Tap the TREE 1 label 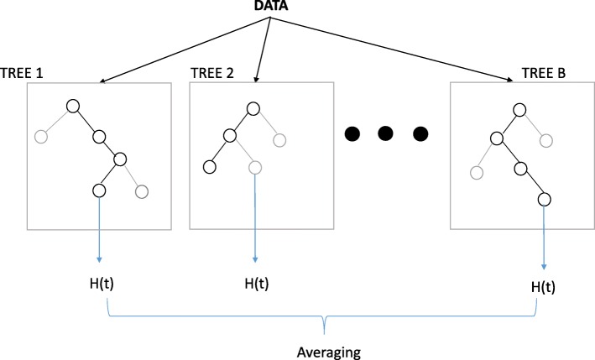click(24, 74)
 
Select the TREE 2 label click(213, 74)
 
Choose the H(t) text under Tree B click(546, 287)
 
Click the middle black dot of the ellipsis click(385, 133)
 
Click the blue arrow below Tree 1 click(98, 231)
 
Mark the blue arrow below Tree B click(546, 239)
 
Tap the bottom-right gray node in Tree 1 click(142, 191)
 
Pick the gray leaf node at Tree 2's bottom click(255, 166)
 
